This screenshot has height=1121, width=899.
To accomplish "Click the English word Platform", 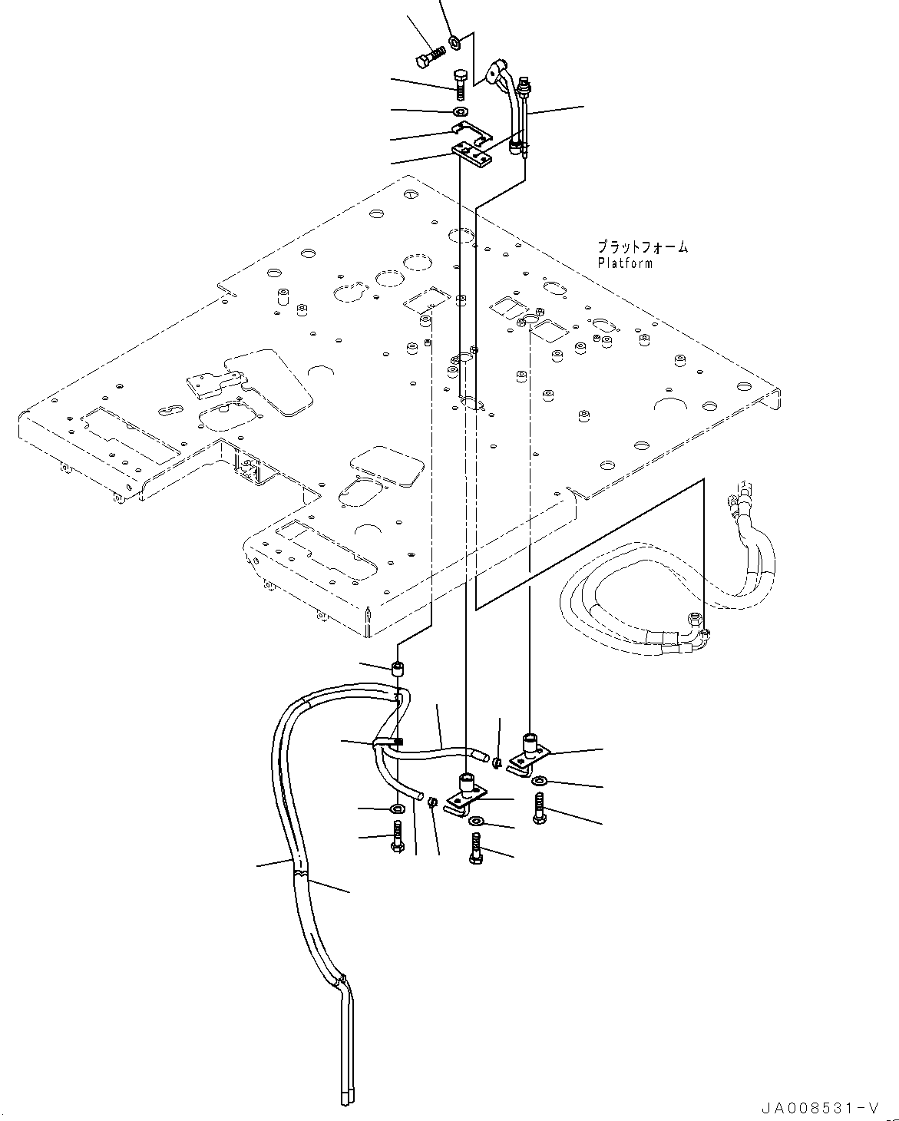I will point(625,263).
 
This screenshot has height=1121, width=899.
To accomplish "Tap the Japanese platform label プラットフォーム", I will point(643,247).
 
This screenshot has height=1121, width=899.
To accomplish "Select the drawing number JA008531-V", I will point(818,1108).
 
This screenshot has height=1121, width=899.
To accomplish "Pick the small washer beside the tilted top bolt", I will point(454,41).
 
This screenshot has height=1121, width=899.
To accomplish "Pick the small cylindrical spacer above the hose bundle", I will point(398,668).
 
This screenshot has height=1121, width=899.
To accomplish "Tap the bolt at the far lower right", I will point(539,810).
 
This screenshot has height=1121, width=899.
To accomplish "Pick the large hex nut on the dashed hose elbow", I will point(695,617).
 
